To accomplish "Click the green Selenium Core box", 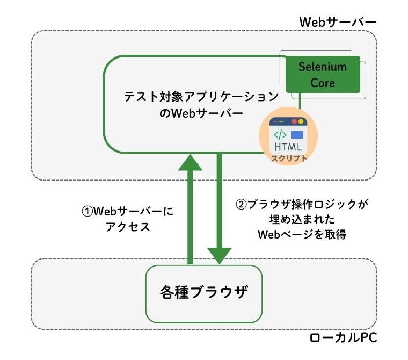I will tap(322, 75).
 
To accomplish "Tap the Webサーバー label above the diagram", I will tap(337, 22).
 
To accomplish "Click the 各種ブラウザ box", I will tap(204, 293).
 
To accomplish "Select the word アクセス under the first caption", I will tap(127, 226).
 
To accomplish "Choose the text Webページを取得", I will tap(304, 235).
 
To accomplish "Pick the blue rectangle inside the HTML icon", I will tap(297, 134).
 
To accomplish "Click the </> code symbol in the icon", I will tap(281, 134).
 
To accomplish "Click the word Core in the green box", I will tap(322, 83).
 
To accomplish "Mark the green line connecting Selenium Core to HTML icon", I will tap(301, 101).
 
